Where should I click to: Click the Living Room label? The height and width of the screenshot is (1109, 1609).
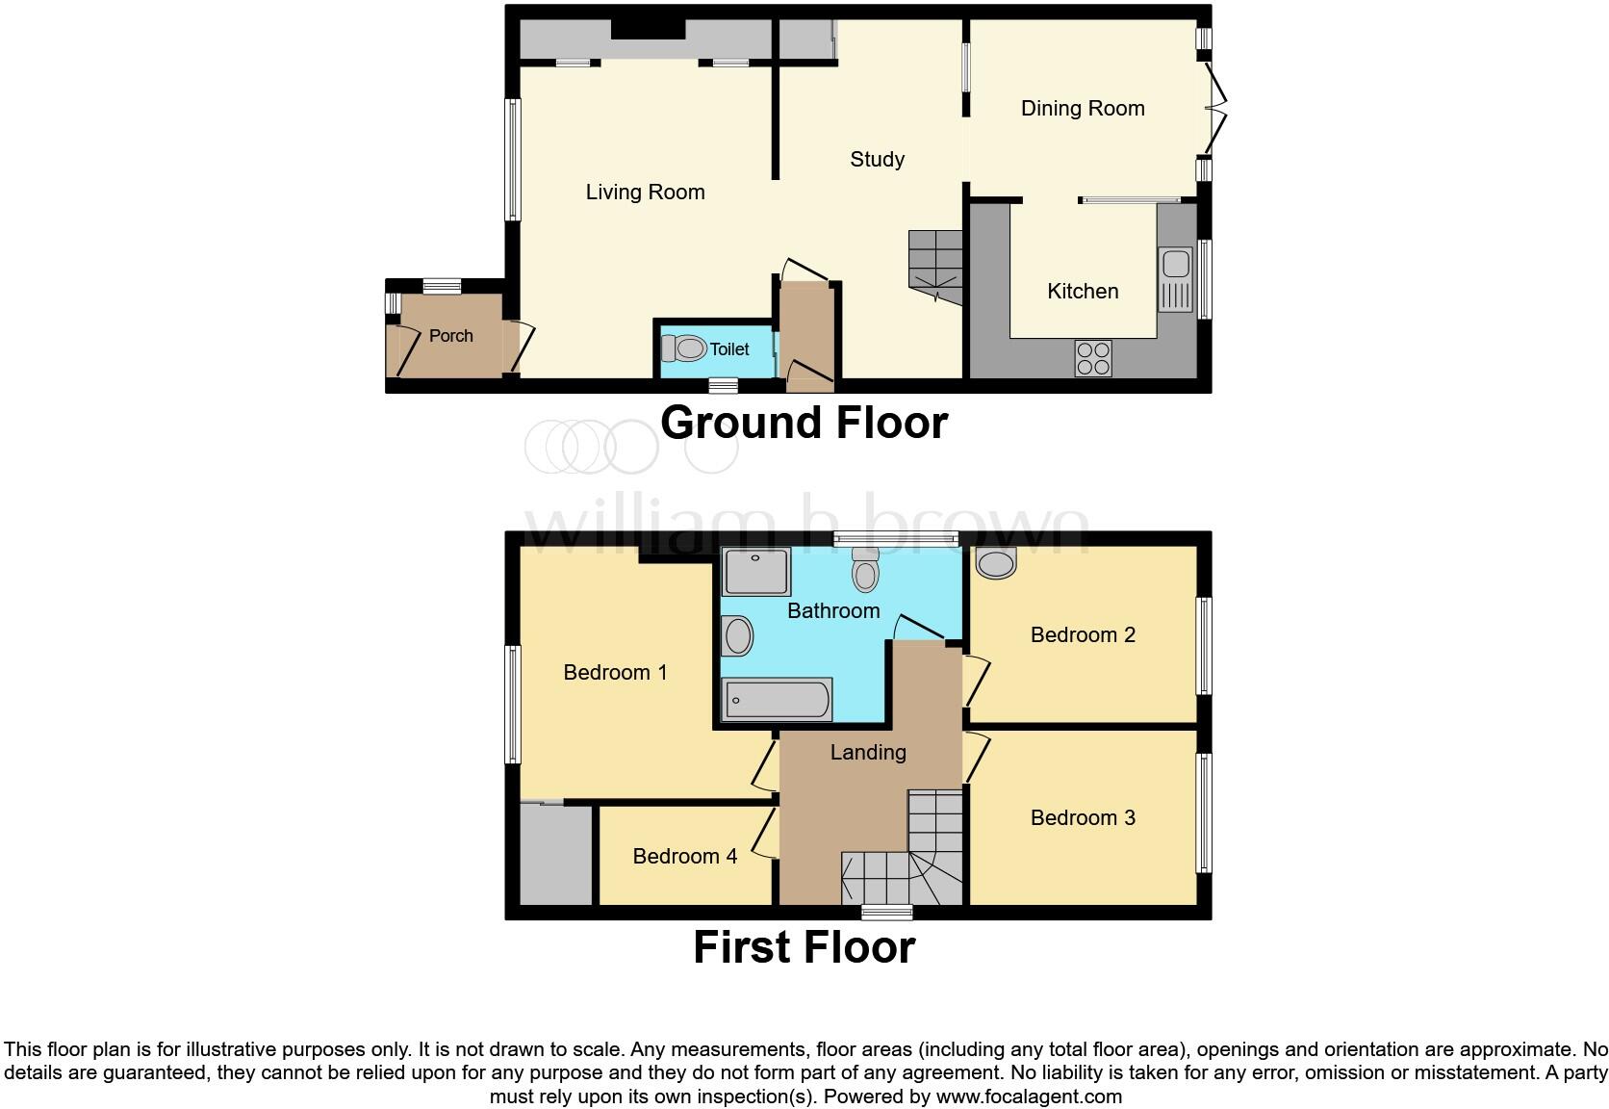[645, 193]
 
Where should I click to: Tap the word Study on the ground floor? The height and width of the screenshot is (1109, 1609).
[877, 160]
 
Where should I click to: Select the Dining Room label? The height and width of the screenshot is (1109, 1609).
[1083, 109]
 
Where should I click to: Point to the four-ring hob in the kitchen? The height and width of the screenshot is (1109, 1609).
[1093, 358]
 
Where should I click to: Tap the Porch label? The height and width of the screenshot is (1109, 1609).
[450, 336]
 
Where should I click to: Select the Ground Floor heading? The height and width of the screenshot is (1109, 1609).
[804, 423]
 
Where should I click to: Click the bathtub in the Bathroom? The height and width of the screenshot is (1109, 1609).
[778, 700]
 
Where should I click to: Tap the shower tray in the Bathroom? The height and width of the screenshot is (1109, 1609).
[757, 571]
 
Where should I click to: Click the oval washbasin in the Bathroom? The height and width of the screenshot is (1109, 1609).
[738, 636]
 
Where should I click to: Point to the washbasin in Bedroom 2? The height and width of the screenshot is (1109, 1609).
[996, 562]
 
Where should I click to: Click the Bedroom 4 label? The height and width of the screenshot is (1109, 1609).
[684, 857]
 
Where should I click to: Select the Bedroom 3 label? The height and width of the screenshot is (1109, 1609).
[1083, 818]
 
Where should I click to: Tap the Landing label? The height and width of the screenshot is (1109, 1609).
[868, 753]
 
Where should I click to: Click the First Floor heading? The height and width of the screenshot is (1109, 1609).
[804, 947]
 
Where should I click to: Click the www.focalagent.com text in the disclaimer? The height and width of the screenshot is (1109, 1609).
[1029, 1096]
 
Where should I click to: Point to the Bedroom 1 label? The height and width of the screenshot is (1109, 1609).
[615, 673]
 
